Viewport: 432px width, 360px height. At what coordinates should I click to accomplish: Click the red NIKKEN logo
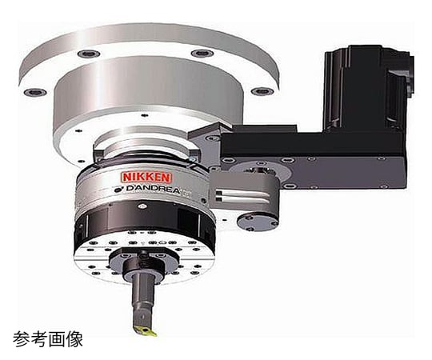(x=146, y=177)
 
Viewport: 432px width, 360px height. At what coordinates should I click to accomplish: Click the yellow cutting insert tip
(x=145, y=330)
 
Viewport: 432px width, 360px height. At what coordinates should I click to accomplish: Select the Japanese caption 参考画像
(x=48, y=339)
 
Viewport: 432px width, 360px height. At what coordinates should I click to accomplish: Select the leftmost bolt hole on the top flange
(x=34, y=92)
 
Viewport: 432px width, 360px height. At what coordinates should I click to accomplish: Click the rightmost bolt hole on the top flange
(x=263, y=91)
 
